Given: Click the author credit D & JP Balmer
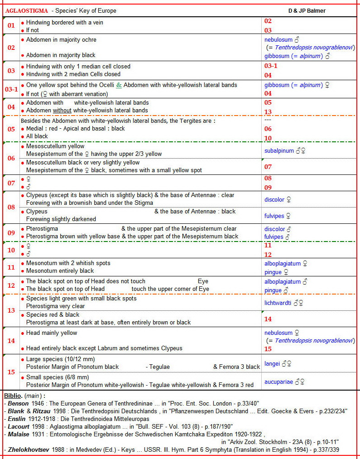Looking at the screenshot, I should [x=307, y=10].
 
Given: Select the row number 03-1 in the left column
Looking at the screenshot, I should [x=11, y=89].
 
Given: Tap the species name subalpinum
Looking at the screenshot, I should [x=279, y=150].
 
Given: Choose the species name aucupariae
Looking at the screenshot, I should [x=279, y=382].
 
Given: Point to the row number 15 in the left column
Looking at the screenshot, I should [x=11, y=372].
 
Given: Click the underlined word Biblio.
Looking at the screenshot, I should [x=13, y=396].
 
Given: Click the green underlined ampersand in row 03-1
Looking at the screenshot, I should [x=119, y=85].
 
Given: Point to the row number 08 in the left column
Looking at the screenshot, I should [x=11, y=207].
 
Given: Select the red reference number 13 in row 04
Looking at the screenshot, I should [x=268, y=111].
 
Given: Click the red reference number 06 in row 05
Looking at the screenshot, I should [x=268, y=129].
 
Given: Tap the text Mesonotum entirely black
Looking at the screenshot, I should [x=60, y=271].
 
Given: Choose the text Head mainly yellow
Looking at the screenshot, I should [x=51, y=333].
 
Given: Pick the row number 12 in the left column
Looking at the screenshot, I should [x=11, y=285].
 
